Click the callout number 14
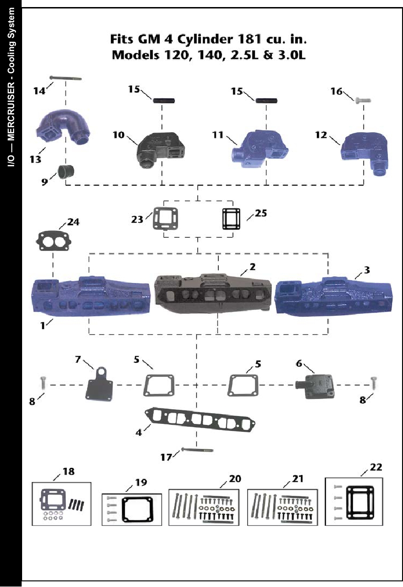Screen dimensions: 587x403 [x=39, y=91]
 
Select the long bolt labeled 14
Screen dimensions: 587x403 [x=65, y=78]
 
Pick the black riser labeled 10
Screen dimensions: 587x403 [x=160, y=147]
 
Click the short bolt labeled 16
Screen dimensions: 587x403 [x=363, y=100]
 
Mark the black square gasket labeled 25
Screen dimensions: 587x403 [x=231, y=219]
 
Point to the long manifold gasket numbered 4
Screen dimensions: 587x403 [x=202, y=418]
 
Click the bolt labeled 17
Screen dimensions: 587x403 [x=197, y=450]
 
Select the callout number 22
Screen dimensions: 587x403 [x=376, y=467]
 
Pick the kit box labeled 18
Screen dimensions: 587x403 [x=61, y=504]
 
